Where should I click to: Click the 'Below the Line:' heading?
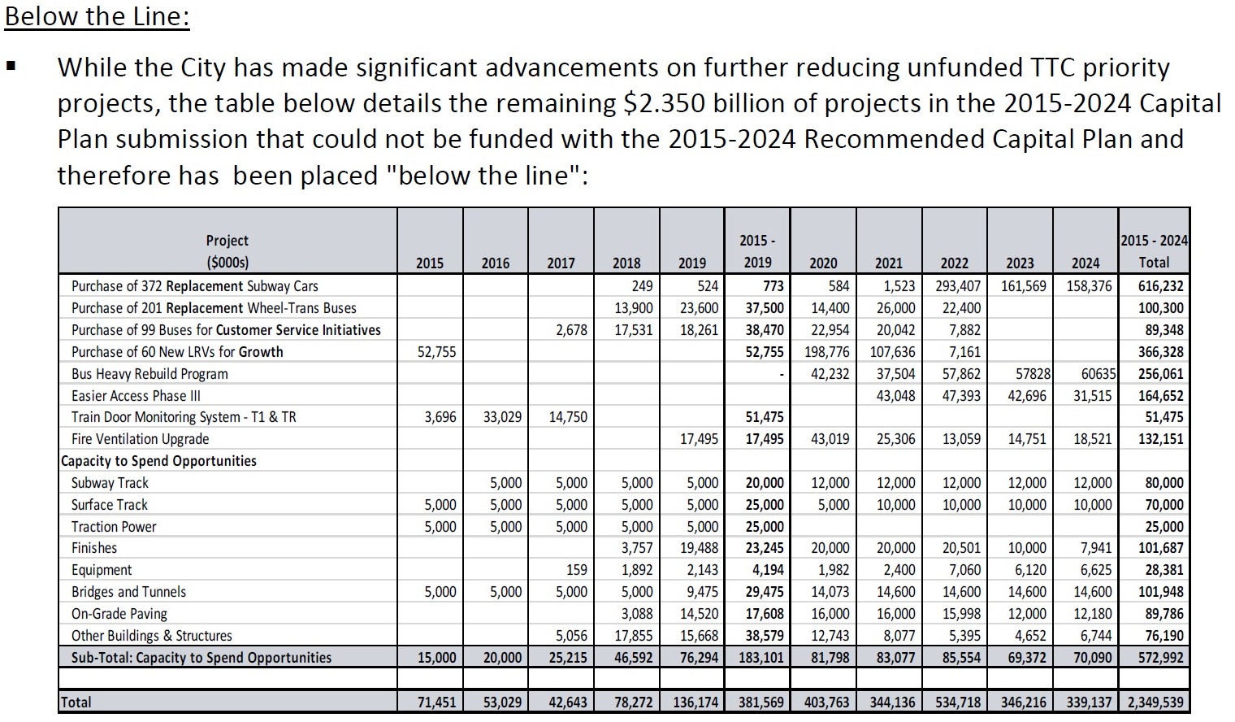97,16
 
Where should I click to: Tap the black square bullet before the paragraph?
11,67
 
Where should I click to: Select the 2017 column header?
561,263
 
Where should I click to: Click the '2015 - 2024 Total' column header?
1154,251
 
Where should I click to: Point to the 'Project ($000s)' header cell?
227,251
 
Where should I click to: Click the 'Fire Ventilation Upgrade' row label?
140,439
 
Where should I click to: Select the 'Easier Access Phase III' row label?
136,396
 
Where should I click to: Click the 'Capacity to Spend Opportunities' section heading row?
159,461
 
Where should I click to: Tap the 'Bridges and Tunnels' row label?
128,592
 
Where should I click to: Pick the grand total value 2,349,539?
1154,702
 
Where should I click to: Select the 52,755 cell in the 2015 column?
436,352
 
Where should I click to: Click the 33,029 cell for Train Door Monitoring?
502,417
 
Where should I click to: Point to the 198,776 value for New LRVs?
826,352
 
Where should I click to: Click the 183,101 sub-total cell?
760,657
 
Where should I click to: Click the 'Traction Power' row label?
114,527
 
